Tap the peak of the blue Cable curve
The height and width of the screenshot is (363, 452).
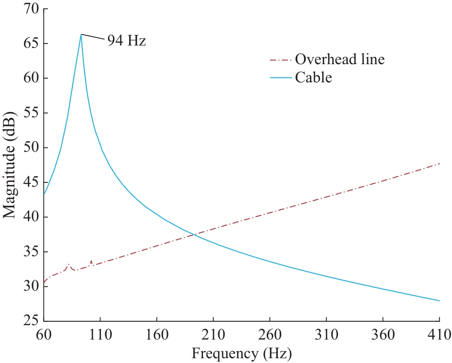click(x=81, y=34)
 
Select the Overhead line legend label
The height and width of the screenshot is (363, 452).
click(x=339, y=60)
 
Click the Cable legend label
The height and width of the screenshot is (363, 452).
click(x=313, y=77)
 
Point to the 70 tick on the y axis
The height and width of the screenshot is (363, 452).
click(x=29, y=9)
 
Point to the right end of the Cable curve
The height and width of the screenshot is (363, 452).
click(x=439, y=301)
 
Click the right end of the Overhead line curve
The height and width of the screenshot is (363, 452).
click(x=439, y=163)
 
